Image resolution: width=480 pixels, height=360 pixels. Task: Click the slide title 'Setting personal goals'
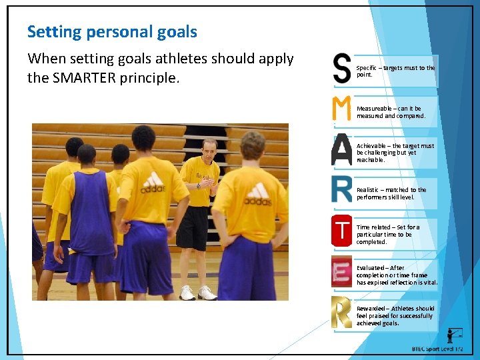tap(112, 31)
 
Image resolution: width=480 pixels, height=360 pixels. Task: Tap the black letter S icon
tap(342, 69)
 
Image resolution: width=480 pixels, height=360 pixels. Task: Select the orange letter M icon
tap(341, 109)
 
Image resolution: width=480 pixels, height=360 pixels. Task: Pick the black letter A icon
tap(341, 150)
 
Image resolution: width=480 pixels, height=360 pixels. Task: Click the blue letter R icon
tap(341, 189)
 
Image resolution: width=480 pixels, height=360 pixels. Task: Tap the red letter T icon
tap(341, 231)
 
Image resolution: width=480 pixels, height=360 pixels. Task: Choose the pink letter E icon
tap(341, 271)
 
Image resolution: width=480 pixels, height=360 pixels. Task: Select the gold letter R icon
tap(341, 312)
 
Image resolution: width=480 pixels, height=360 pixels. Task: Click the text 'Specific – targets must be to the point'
tap(395, 71)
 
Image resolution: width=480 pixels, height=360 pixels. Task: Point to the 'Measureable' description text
tap(391, 112)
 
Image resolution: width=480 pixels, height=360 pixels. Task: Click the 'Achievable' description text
tap(395, 153)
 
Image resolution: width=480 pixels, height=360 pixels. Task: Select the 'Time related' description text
tap(388, 234)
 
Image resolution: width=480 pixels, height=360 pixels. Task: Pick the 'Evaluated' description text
tap(397, 275)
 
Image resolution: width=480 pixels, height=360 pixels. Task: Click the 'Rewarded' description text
tap(395, 315)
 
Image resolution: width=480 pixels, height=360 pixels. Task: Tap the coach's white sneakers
tap(197, 293)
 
